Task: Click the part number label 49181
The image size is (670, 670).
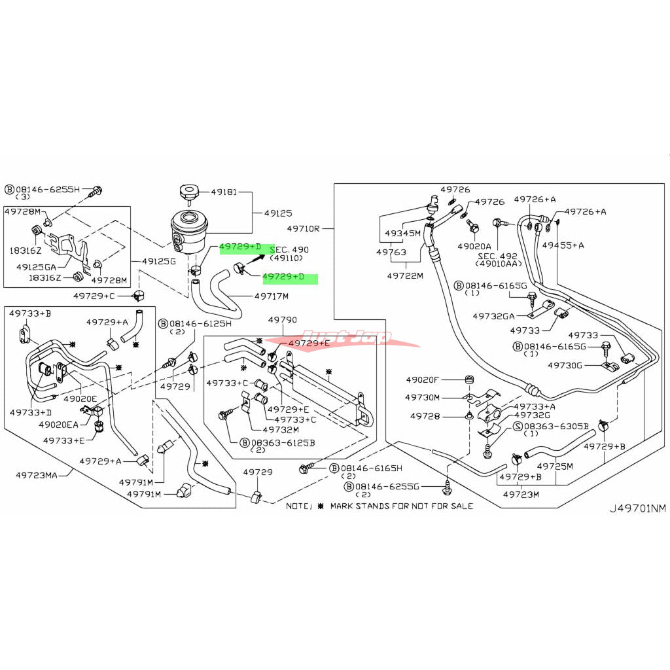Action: tap(223, 192)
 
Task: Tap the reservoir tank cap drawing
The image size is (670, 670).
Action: tap(186, 192)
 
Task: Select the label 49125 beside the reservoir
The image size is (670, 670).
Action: tap(277, 213)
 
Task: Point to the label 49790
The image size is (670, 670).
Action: tap(283, 319)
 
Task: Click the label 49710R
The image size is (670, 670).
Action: tap(303, 229)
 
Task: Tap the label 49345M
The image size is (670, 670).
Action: tap(402, 233)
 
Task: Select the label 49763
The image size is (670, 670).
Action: tap(391, 252)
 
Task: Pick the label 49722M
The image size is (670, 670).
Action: tap(405, 275)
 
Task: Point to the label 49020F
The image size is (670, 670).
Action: tap(423, 379)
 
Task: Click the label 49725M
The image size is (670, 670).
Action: tap(555, 466)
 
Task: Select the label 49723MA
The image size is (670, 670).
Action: tap(33, 475)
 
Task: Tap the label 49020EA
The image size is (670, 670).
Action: tap(59, 424)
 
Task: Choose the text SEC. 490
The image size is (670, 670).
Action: tap(289, 250)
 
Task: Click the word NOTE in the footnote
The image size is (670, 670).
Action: tap(299, 506)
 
